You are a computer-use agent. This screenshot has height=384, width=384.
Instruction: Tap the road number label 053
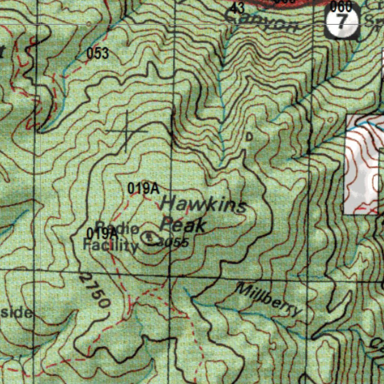point(97,53)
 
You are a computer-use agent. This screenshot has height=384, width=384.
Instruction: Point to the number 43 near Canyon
point(237,7)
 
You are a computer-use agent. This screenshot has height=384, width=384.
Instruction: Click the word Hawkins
point(204,205)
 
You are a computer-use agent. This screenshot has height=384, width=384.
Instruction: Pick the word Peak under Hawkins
point(183,224)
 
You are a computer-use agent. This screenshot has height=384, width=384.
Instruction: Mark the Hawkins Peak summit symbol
point(150,237)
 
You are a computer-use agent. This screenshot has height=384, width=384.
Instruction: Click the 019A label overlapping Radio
point(102,233)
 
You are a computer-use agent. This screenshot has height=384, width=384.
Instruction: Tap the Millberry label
point(269,299)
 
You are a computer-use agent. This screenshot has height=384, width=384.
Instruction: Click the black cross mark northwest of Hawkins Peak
point(126,131)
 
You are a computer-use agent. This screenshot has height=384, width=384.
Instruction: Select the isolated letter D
point(249,137)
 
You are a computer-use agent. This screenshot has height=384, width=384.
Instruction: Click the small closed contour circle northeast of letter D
point(330,119)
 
